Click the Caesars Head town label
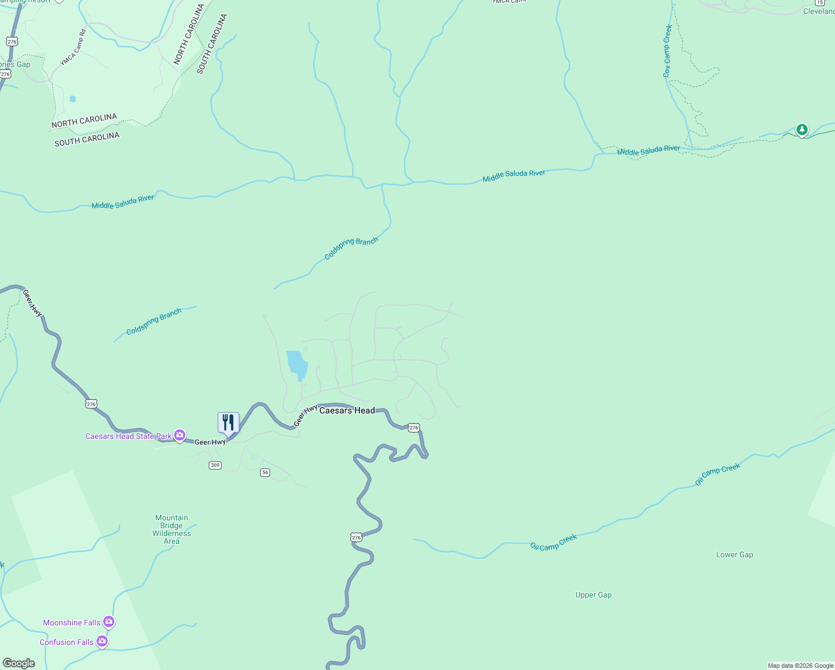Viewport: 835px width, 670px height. tap(347, 410)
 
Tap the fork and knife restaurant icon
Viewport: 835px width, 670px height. tap(228, 423)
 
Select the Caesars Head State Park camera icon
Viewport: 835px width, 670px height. tap(180, 435)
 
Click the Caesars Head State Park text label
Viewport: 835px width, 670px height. tap(128, 436)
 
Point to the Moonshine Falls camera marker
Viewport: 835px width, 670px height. tap(109, 621)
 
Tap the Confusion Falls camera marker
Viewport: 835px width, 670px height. tap(102, 642)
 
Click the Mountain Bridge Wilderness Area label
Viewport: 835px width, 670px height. tap(172, 529)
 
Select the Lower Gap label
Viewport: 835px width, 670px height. tap(735, 554)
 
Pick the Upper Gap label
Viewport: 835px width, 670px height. tap(593, 595)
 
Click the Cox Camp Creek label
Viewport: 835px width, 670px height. tap(668, 51)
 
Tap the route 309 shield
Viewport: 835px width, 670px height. tap(215, 465)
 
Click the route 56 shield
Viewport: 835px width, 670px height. tap(265, 472)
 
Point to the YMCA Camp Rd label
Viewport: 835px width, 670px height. tap(74, 47)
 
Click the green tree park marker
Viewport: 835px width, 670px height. tap(802, 130)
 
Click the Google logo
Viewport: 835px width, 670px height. tap(19, 663)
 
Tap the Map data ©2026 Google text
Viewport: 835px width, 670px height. tap(800, 666)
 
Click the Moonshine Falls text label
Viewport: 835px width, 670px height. tap(71, 623)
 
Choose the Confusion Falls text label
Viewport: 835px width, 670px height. tap(66, 642)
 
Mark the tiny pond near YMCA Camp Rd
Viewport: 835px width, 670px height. tap(73, 99)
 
